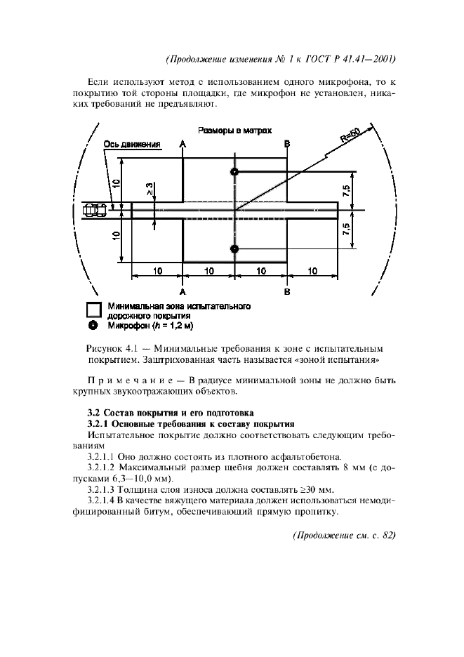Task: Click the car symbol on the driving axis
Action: point(95,208)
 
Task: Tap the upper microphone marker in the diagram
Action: point(234,172)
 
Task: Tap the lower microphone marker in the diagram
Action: point(234,248)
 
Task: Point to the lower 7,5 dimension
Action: point(347,230)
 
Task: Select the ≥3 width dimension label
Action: point(150,187)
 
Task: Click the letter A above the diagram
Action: point(183,144)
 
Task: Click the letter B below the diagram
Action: point(287,291)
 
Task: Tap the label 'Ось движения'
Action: point(133,145)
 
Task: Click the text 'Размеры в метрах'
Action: point(234,131)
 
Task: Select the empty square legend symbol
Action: point(93,310)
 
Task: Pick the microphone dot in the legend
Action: point(93,326)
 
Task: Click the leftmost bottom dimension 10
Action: point(157,270)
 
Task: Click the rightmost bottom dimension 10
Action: point(312,270)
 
